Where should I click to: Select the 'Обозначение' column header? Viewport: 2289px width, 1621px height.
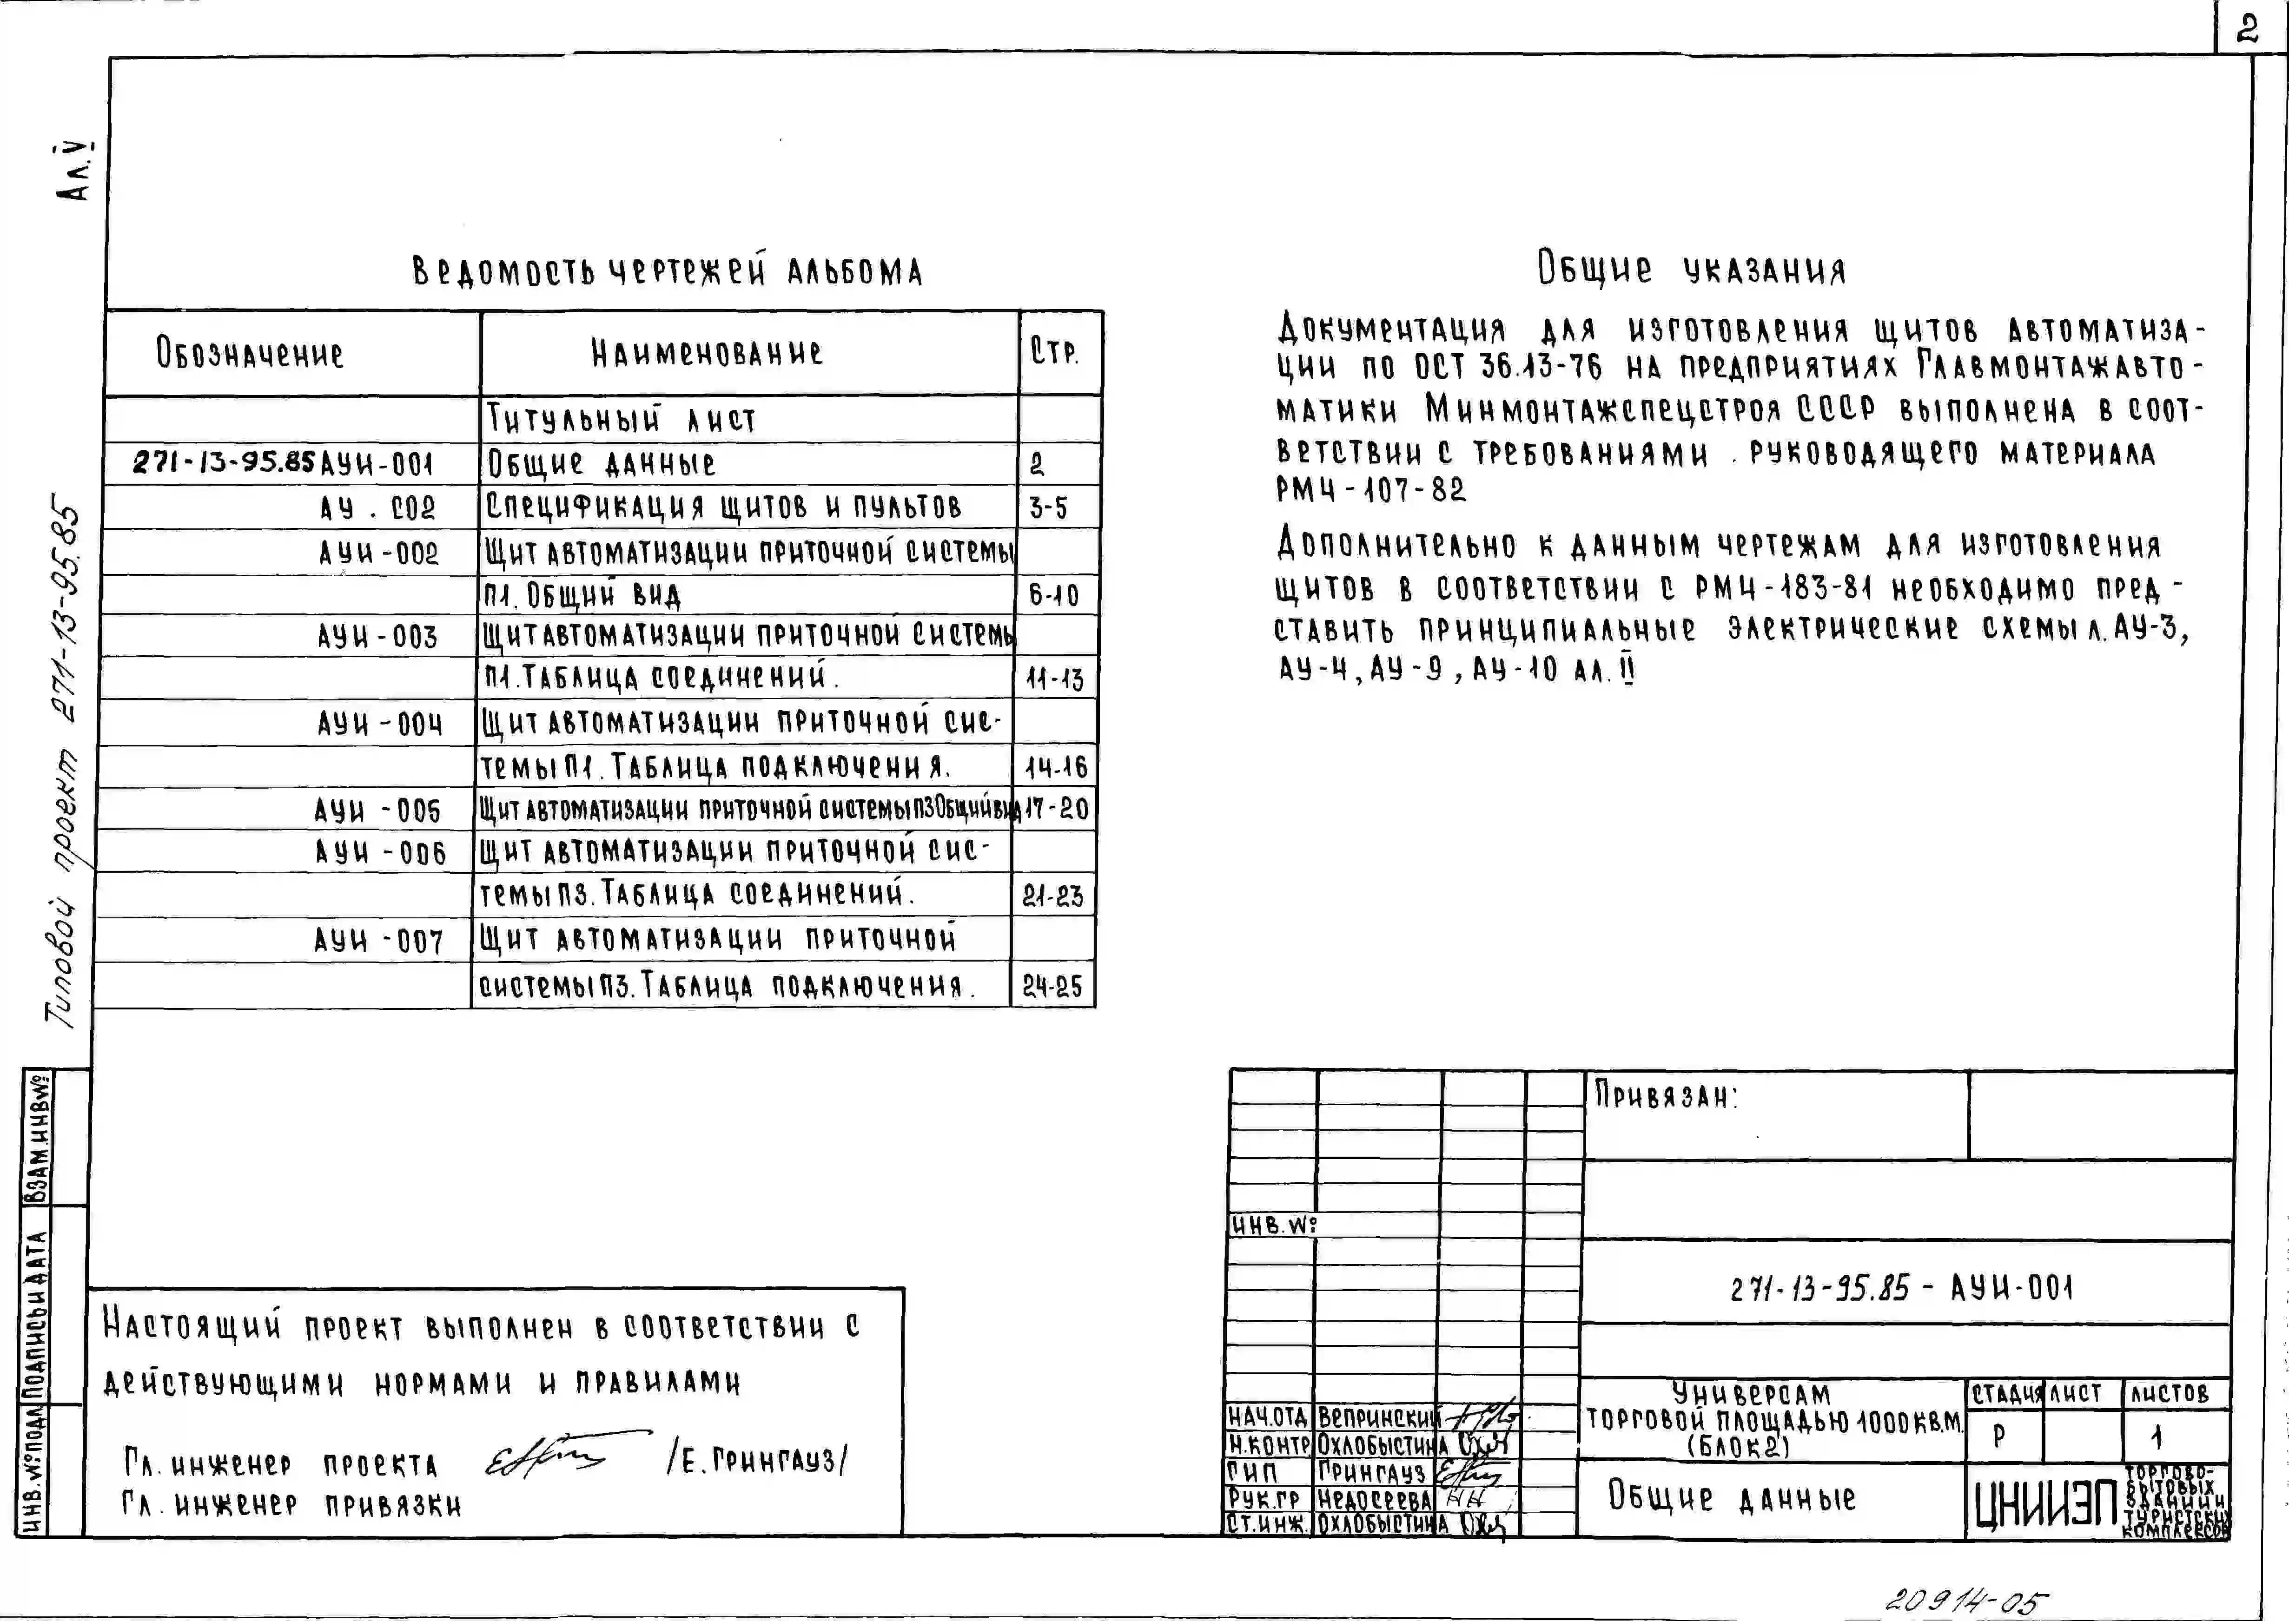coord(250,353)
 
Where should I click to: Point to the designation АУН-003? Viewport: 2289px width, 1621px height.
coord(377,637)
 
